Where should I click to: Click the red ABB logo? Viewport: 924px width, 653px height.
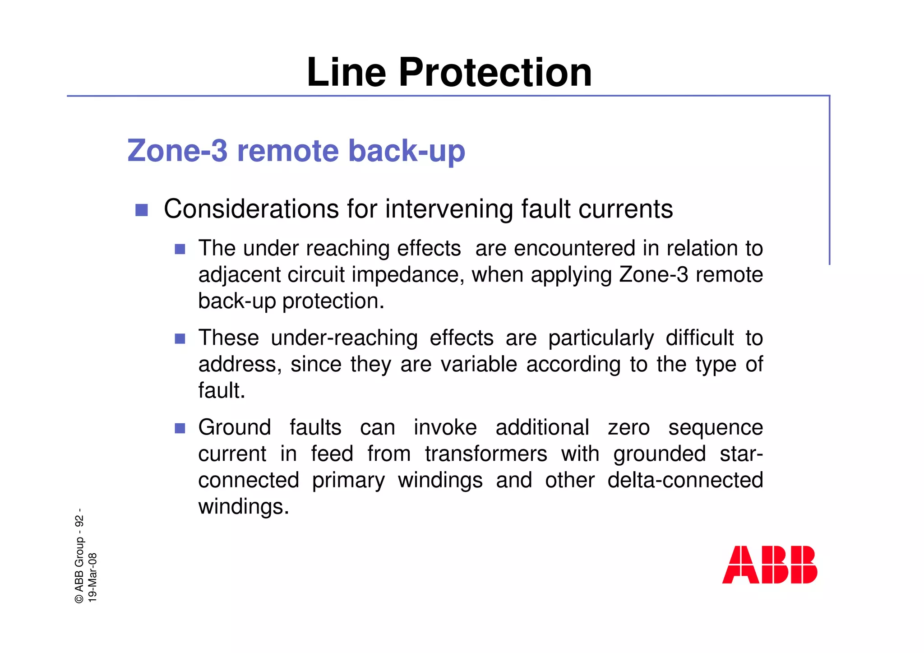coord(769,565)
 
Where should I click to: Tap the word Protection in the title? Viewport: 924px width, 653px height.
coord(495,73)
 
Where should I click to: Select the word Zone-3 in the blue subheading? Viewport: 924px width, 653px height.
coord(177,151)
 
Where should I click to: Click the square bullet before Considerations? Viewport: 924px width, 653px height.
coord(142,210)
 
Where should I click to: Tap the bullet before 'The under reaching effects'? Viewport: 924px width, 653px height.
coord(180,249)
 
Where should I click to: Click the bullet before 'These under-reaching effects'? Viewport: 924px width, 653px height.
coord(180,338)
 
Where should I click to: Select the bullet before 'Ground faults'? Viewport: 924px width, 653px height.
coord(180,428)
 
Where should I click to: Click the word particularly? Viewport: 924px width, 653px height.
coord(601,338)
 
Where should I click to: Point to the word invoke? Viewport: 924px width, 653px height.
coord(445,427)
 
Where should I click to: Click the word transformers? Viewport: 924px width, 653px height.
coord(486,454)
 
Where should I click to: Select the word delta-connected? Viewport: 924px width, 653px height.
coord(685,480)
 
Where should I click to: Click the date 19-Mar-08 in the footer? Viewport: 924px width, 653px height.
coord(92,577)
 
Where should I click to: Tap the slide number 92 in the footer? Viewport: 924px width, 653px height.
coord(79,521)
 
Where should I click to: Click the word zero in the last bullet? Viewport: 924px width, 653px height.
coord(628,427)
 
